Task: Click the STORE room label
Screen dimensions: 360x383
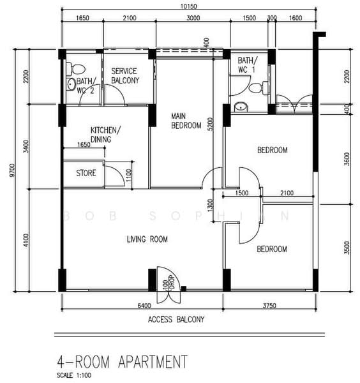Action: point(86,173)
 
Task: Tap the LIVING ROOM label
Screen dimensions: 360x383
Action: point(147,239)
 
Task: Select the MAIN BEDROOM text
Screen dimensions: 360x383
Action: point(186,121)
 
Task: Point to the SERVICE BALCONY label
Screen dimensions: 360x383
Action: point(125,76)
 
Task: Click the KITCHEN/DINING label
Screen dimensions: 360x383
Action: point(105,134)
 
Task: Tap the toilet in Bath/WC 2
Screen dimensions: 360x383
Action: point(76,69)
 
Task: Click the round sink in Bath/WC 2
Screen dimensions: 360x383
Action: point(71,84)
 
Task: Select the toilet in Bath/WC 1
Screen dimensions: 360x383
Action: point(259,88)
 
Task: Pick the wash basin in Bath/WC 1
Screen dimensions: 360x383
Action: point(241,107)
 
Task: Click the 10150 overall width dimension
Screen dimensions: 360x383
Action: point(188,6)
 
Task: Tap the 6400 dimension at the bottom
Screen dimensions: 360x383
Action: point(144,306)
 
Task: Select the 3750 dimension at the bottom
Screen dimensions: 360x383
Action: point(269,306)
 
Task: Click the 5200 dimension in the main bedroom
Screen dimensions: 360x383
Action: point(211,124)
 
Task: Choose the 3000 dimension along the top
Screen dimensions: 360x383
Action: point(193,18)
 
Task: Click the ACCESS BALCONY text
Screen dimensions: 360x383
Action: point(176,320)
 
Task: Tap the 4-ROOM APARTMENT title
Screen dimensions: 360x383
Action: point(123,361)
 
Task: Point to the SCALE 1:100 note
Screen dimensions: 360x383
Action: point(74,375)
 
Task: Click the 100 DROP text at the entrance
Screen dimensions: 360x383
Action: point(169,283)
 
